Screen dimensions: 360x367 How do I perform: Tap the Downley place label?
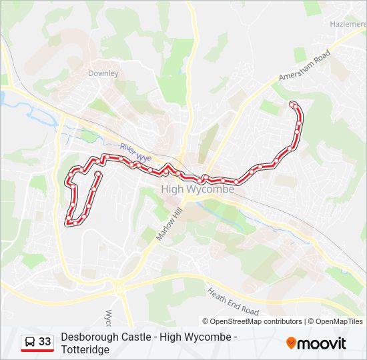[103, 73]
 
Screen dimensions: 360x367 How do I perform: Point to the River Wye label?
[135, 151]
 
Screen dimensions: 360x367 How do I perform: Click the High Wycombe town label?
[198, 189]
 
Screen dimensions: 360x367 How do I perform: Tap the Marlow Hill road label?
[169, 224]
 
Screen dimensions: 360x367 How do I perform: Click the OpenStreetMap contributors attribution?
[252, 321]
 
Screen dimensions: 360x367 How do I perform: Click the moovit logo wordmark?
[322, 343]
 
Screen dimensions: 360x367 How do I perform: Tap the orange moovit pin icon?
[292, 343]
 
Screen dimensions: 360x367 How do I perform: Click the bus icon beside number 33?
[30, 341]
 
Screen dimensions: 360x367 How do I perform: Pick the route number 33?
[45, 341]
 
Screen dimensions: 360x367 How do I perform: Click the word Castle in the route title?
[137, 337]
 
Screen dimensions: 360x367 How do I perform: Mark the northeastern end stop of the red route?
[293, 104]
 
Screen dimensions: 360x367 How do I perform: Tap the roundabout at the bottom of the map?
[118, 289]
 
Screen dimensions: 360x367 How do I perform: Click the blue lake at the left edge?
[3, 99]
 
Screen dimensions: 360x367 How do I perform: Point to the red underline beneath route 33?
[37, 350]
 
